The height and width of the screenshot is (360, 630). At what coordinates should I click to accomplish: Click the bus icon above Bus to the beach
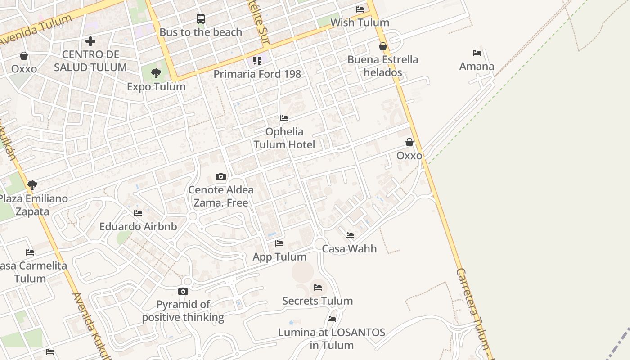[201, 19]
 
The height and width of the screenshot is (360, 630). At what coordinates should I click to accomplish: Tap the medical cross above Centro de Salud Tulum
[90, 41]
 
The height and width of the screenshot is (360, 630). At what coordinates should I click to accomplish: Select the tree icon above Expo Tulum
[156, 73]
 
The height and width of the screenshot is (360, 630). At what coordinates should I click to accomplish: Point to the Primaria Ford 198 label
[257, 74]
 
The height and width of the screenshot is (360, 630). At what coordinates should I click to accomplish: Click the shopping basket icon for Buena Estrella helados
[383, 46]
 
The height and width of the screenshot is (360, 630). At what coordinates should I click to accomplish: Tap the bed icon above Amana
[477, 53]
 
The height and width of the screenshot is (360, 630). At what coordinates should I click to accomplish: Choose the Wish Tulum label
[360, 22]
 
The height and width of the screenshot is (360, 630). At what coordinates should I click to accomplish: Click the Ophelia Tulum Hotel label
[284, 138]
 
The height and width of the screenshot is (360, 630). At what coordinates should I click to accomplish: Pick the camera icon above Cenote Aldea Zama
[220, 176]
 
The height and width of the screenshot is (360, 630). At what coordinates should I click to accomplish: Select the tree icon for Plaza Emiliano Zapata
[32, 184]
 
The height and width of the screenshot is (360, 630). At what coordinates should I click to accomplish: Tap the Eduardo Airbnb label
[138, 226]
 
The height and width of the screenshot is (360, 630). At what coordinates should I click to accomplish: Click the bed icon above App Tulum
[279, 243]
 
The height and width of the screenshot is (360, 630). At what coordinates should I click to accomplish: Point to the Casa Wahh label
[349, 248]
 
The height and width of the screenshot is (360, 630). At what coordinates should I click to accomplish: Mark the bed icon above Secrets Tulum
[318, 287]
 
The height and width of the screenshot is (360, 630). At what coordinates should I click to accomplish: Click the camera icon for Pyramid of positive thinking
[183, 292]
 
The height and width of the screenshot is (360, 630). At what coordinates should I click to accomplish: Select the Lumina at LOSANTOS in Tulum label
[332, 339]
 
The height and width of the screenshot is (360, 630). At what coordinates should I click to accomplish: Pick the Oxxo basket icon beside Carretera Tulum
[409, 142]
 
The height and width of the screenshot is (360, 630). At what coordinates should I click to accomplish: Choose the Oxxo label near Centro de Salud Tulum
[24, 69]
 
